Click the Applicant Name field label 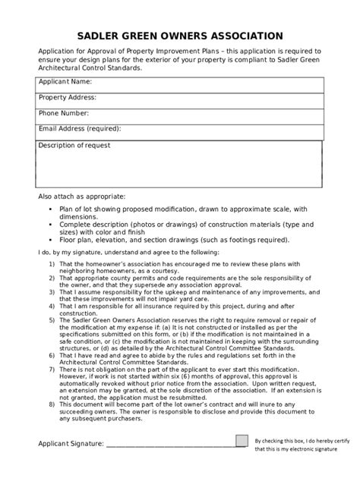coord(65,81)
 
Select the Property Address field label coord(68,97)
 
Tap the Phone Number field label coord(65,113)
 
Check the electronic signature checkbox coord(242,442)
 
